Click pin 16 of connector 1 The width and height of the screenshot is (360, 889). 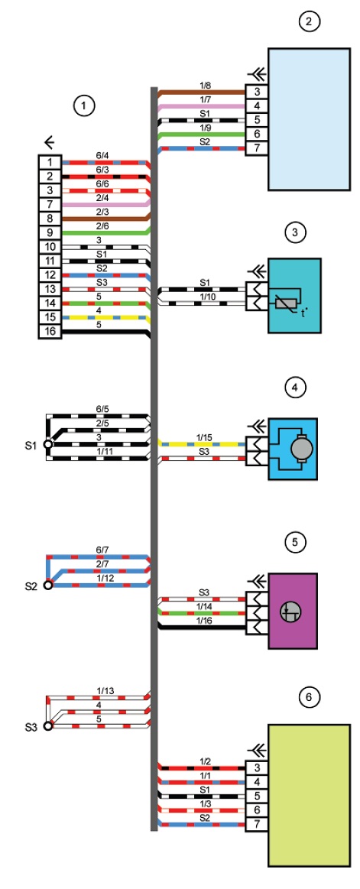point(50,332)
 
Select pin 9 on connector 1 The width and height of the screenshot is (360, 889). point(50,232)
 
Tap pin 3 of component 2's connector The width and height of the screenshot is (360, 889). point(257,92)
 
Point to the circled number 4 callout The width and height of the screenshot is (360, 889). point(295,388)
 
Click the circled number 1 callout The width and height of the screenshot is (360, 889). point(83,105)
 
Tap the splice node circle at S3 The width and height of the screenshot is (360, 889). point(47,725)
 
